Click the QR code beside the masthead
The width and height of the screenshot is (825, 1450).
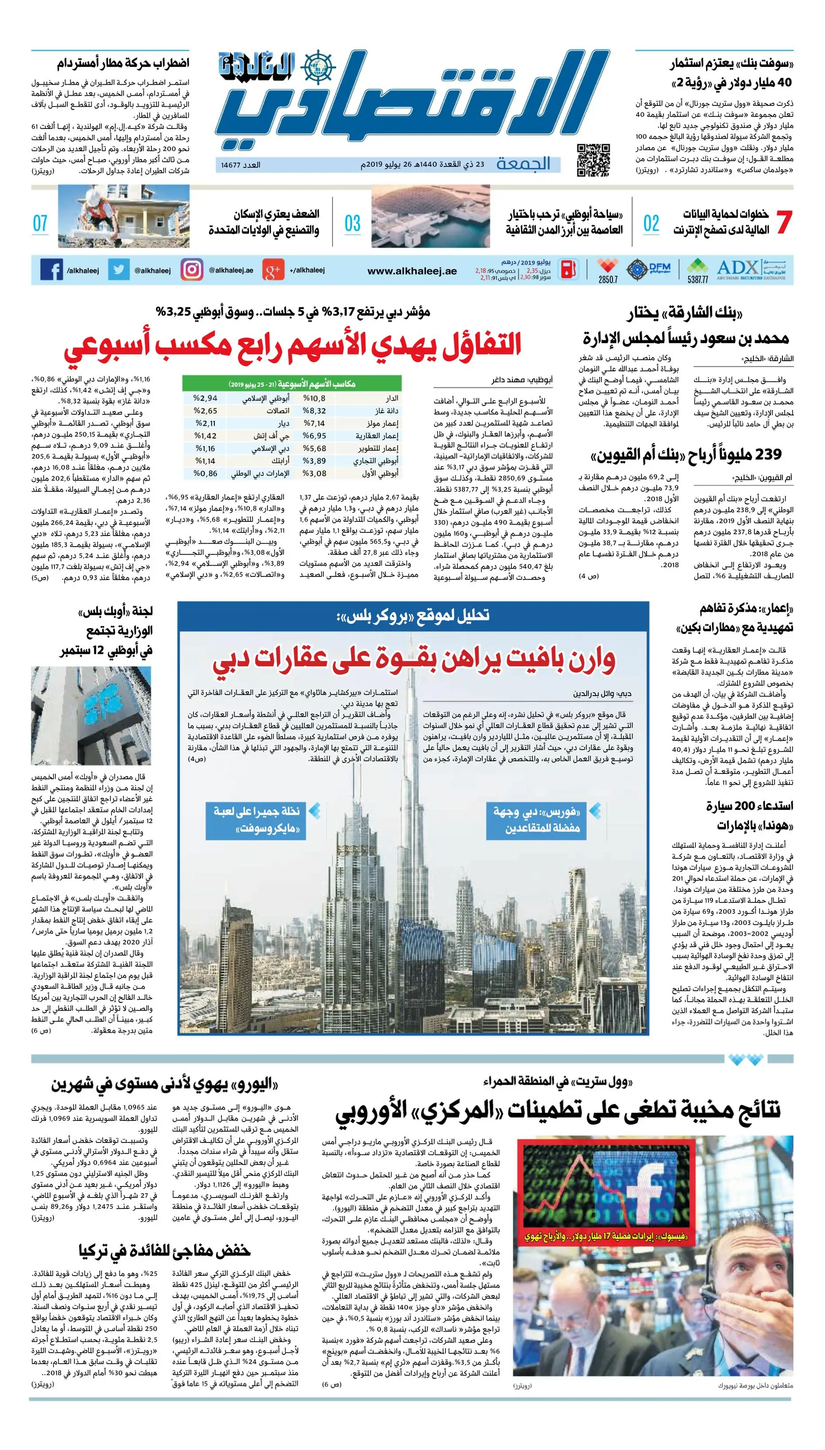593,160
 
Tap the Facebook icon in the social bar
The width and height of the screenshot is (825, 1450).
51,270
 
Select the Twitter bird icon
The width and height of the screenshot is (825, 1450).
118,270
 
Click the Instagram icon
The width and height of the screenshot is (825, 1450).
191,270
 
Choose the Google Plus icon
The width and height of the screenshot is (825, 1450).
273,270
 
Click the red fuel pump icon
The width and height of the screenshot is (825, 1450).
569,269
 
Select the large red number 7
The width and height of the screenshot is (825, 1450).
784,222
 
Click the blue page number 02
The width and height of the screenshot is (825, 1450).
651,224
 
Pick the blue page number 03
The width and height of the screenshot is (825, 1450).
352,224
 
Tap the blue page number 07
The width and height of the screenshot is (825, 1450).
40,224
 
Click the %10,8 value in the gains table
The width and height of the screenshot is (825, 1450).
315,398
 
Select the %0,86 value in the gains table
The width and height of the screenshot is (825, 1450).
205,473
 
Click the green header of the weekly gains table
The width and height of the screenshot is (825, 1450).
292,384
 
